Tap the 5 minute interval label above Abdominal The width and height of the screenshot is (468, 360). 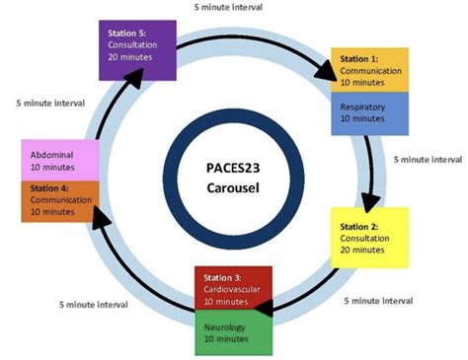coord(51,102)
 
